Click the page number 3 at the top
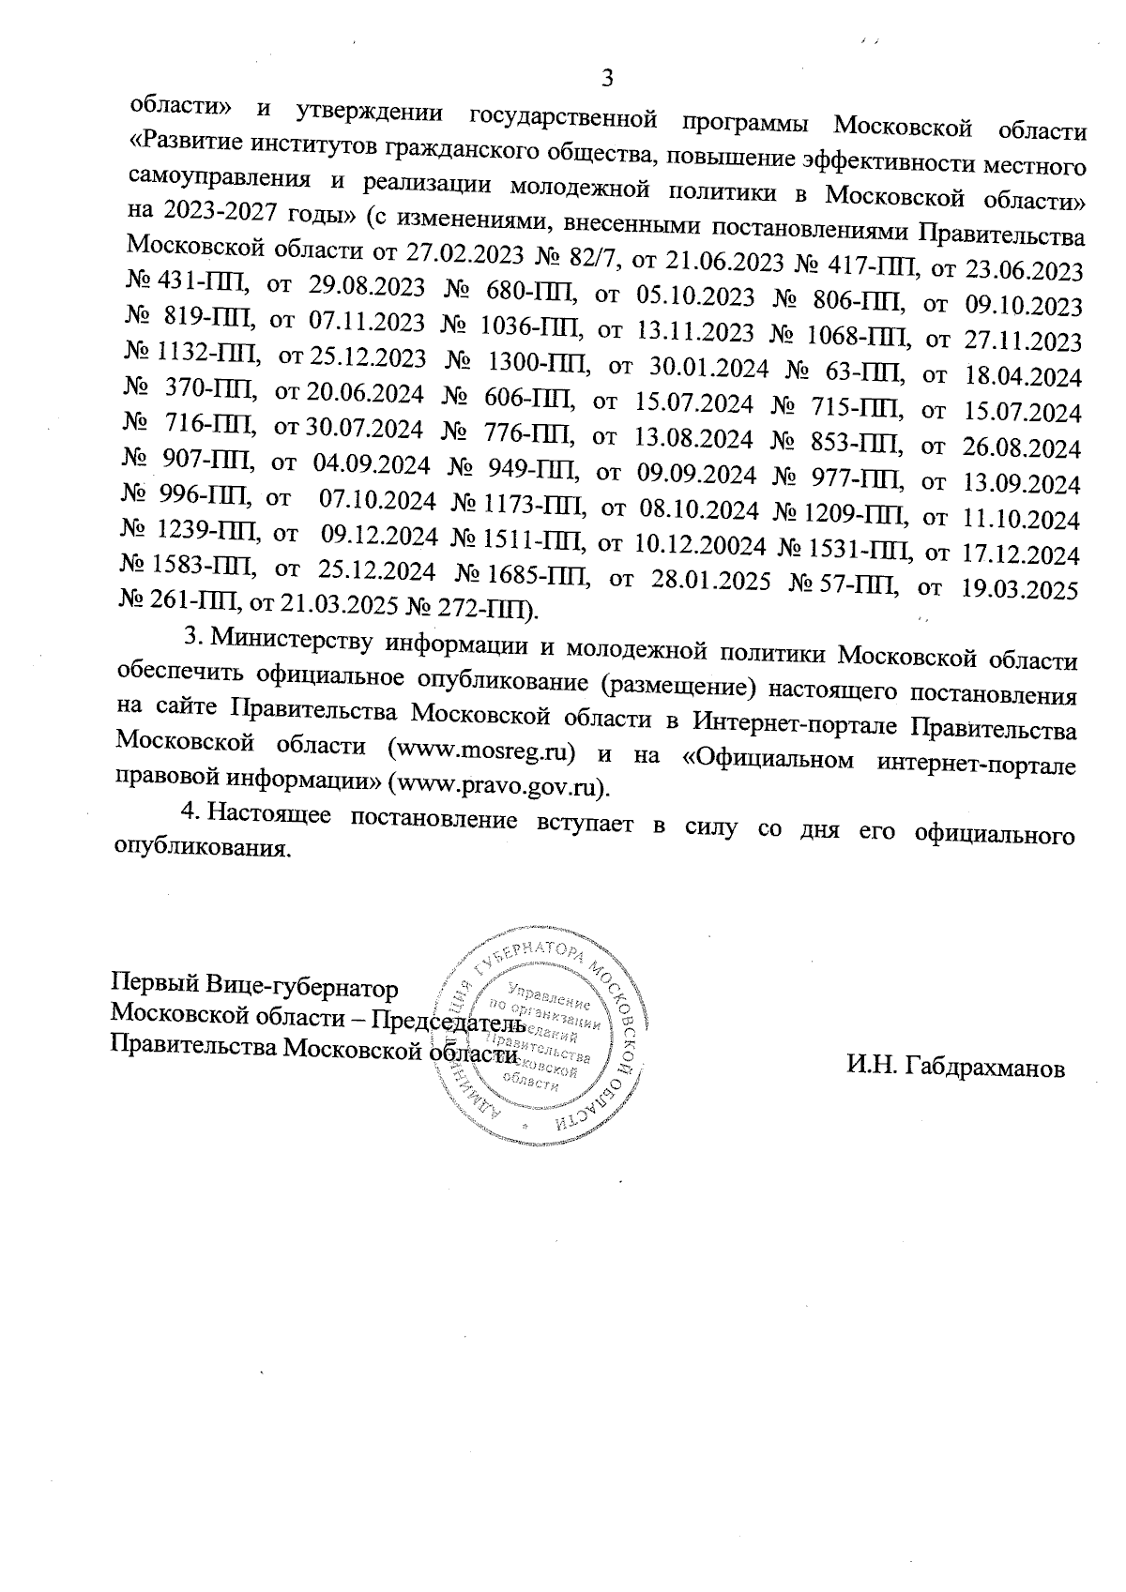point(606,78)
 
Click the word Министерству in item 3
point(281,639)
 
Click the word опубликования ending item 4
point(199,848)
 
